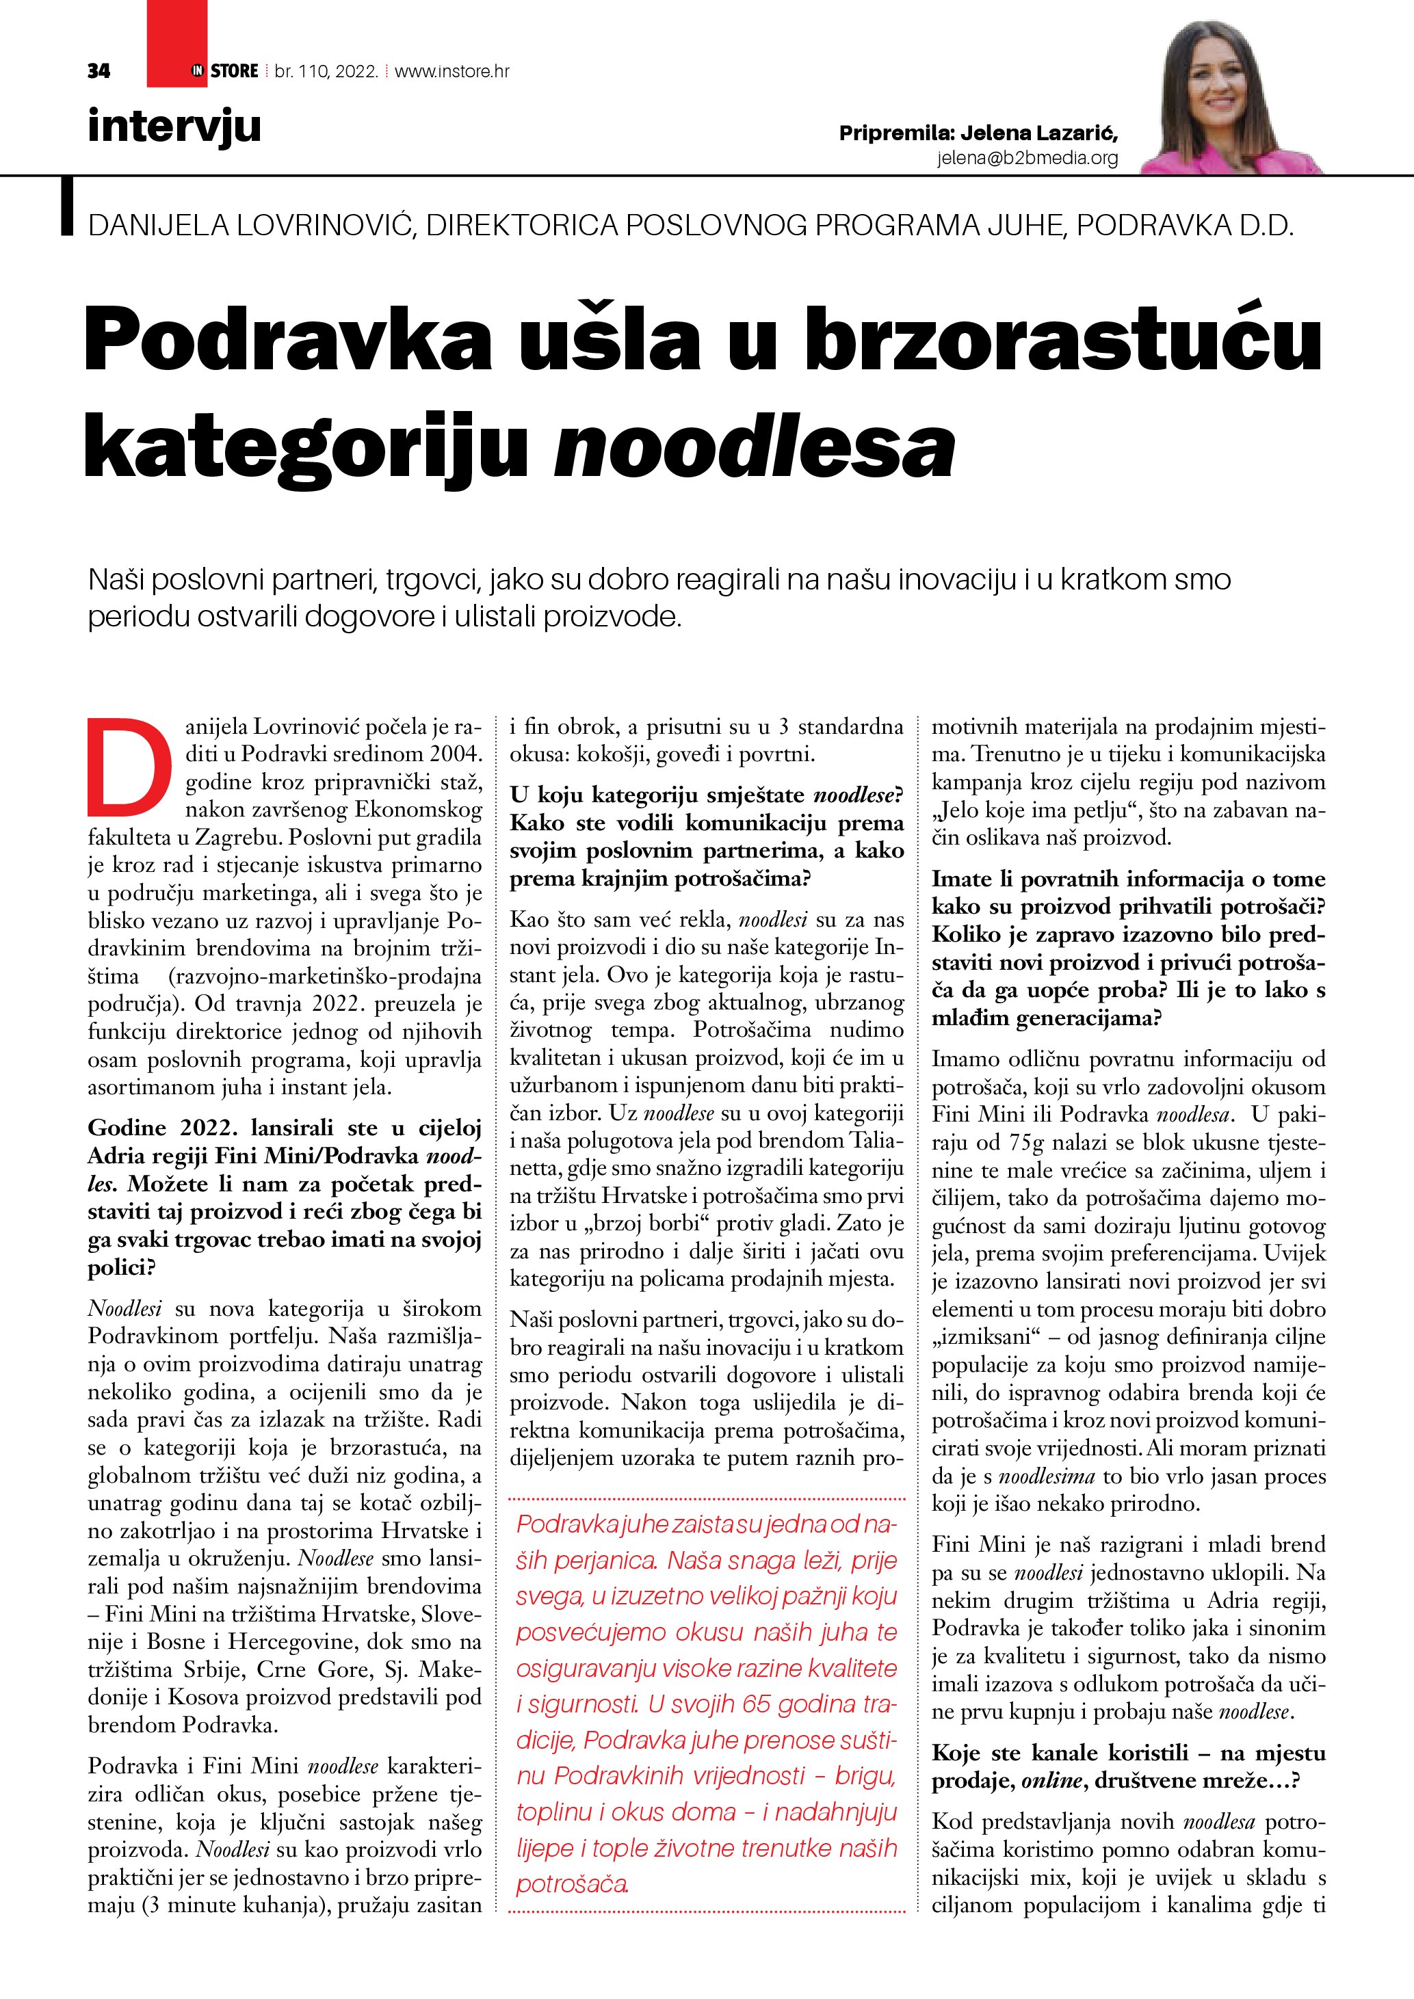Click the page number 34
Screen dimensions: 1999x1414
99,71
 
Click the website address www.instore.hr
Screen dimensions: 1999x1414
452,71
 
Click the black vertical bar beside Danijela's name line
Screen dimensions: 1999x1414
67,207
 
